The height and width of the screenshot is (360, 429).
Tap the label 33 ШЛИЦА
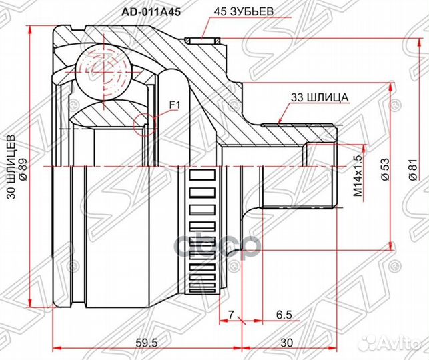(x=319, y=97)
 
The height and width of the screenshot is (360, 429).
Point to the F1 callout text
(x=175, y=105)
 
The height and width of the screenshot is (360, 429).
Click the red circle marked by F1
(x=144, y=123)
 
